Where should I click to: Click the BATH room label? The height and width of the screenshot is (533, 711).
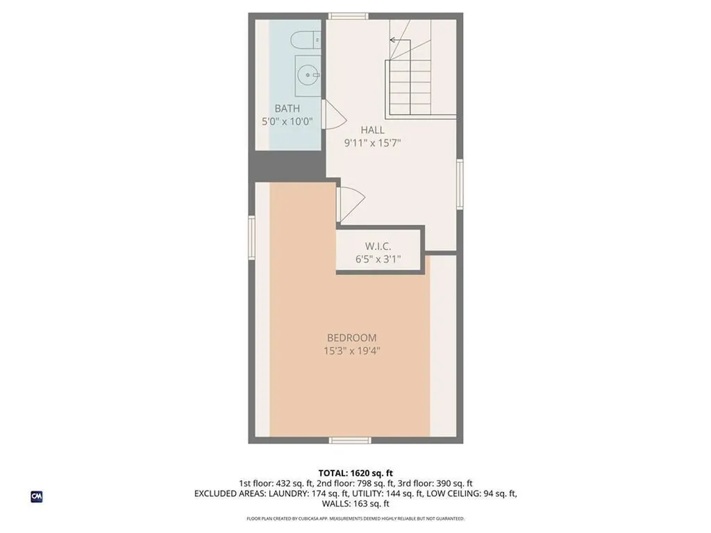point(287,108)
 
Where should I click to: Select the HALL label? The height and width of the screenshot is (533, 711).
point(372,130)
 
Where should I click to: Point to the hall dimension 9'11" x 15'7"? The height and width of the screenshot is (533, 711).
point(373,143)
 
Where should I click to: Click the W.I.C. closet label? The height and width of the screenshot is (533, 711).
point(378,246)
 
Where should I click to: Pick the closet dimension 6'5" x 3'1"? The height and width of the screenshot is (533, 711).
point(378,260)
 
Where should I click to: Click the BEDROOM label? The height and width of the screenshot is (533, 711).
point(352,338)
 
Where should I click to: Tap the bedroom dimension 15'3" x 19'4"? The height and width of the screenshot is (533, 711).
point(352,351)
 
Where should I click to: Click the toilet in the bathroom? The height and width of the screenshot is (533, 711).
point(305,41)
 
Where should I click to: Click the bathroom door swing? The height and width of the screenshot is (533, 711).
point(333,113)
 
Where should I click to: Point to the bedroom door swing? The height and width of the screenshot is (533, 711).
point(349,203)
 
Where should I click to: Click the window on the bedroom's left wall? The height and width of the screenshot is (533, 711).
point(252,237)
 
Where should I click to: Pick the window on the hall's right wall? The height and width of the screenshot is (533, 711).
point(460,184)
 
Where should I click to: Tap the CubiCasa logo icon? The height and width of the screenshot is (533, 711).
point(36,496)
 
